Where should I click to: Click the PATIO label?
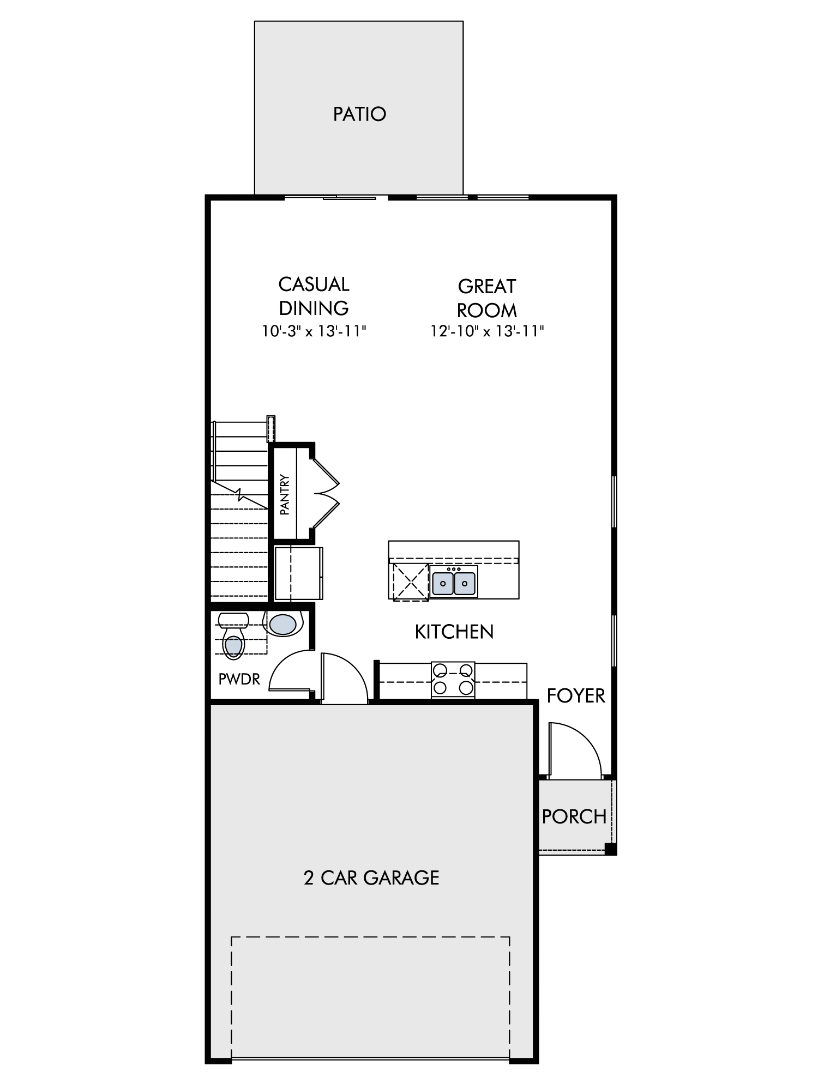pyautogui.click(x=359, y=114)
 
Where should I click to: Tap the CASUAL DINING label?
pyautogui.click(x=314, y=296)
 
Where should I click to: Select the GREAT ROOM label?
pyautogui.click(x=487, y=298)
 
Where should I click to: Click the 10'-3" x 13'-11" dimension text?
pyautogui.click(x=314, y=331)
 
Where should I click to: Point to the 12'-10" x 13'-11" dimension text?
pyautogui.click(x=487, y=331)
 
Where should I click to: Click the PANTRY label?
pyautogui.click(x=284, y=495)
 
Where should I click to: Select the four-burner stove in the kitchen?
pyautogui.click(x=453, y=680)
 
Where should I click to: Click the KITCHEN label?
pyautogui.click(x=454, y=632)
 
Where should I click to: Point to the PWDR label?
pyautogui.click(x=239, y=679)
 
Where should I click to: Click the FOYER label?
pyautogui.click(x=576, y=696)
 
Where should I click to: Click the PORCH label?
pyautogui.click(x=574, y=816)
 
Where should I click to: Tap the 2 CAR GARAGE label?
pyautogui.click(x=371, y=877)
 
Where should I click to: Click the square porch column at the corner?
pyautogui.click(x=611, y=849)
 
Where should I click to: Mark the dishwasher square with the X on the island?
pyautogui.click(x=410, y=582)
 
